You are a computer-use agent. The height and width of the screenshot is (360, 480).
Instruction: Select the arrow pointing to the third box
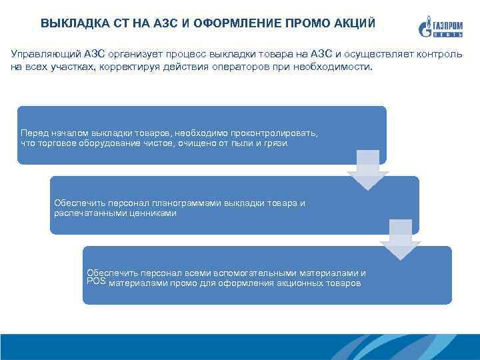[x=401, y=241]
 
